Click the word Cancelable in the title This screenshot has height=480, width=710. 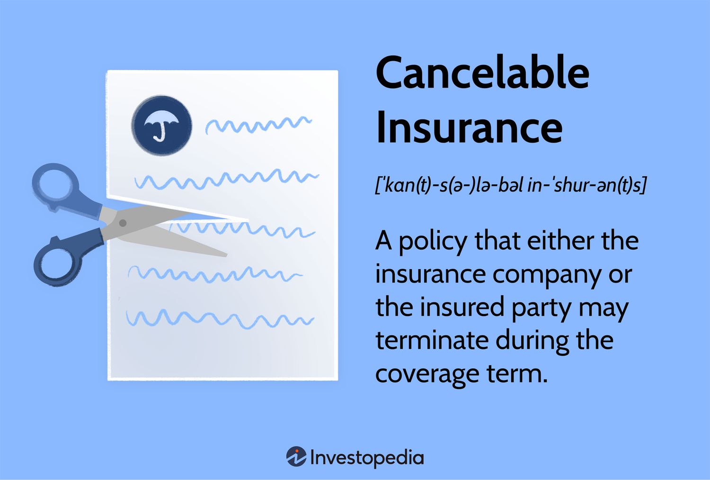[482, 72]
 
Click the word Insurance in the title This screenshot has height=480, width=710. [469, 127]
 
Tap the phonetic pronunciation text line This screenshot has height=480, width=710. [511, 185]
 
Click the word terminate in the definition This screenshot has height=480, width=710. [432, 340]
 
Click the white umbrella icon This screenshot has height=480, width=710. [161, 125]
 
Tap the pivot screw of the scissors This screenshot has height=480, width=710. [123, 223]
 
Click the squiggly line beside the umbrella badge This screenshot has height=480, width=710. [258, 125]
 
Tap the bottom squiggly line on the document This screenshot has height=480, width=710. [220, 318]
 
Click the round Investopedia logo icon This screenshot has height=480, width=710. [296, 456]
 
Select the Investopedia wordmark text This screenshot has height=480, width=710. [367, 458]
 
